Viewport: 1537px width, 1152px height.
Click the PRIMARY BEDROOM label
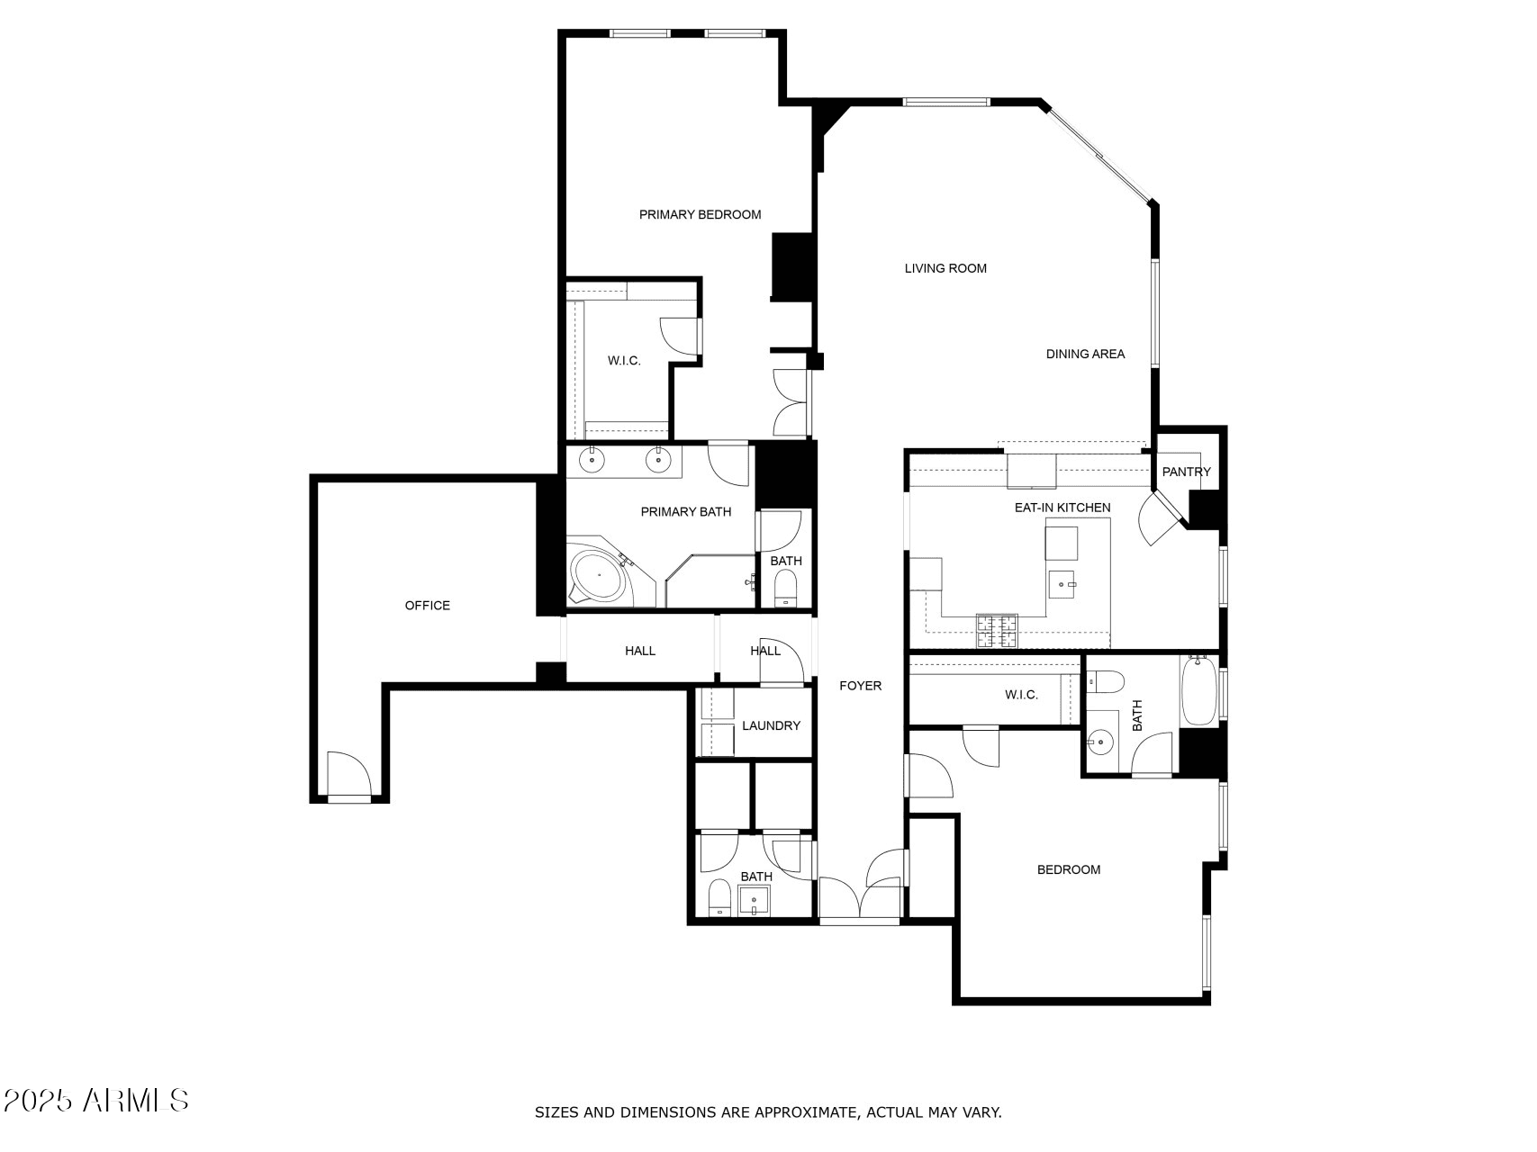700,214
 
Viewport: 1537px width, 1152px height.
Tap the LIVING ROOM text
945,268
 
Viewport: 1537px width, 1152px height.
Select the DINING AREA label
1085,354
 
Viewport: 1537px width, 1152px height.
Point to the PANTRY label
1186,472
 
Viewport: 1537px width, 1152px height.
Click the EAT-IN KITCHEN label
1062,508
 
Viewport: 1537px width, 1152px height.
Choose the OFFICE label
427,606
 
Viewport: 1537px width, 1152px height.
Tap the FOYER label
860,686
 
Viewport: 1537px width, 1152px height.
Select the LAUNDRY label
771,725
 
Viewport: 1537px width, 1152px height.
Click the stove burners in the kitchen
997,630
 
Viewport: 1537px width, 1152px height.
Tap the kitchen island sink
1062,584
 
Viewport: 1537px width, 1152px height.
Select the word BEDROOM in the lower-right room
1069,869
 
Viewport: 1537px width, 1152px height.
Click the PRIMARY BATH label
685,512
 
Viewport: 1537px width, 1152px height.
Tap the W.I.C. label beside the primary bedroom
624,361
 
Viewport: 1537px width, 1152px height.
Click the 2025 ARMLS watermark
96,1100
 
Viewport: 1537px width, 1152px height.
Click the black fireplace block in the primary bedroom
792,266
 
